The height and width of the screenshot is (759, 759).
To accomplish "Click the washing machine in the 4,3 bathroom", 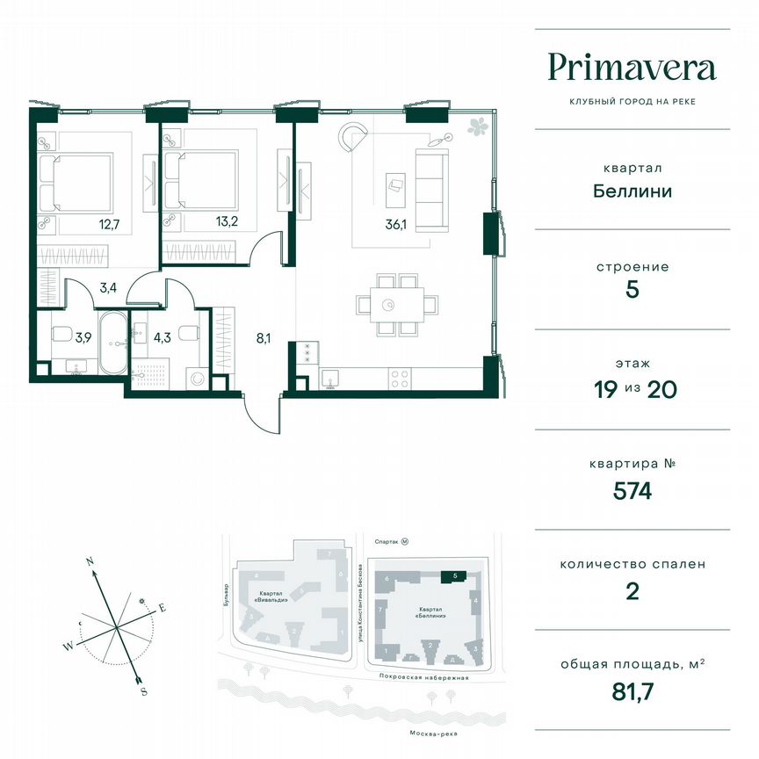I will click(198, 379).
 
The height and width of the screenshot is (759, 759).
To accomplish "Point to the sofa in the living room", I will click(430, 190).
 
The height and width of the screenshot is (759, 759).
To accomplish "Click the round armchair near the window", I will click(356, 137).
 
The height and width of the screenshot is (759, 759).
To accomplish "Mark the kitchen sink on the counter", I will click(331, 379).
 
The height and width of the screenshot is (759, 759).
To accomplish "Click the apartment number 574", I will click(632, 492).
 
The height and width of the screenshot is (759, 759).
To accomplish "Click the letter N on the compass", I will click(90, 560).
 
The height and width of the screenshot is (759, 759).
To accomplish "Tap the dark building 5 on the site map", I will click(452, 576).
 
